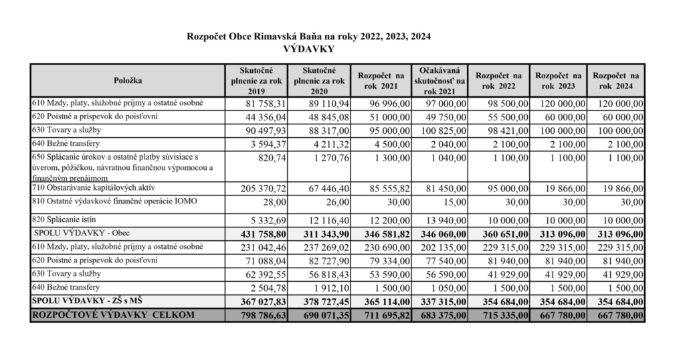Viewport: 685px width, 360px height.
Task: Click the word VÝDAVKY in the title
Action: click(x=308, y=49)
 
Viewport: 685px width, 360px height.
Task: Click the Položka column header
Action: click(x=127, y=80)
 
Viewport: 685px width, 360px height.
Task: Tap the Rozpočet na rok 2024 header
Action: click(x=615, y=80)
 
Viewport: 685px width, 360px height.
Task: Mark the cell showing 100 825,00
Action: click(x=440, y=130)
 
